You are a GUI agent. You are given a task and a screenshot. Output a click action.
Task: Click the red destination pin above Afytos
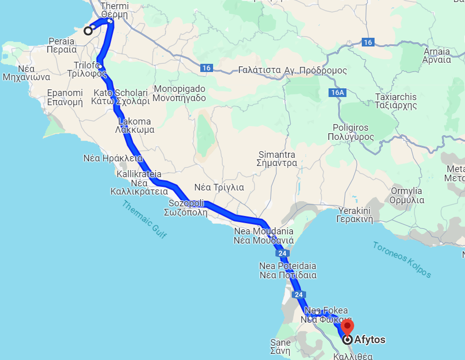coord(347,327)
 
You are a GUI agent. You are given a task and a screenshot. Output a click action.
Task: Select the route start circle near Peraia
coord(88,31)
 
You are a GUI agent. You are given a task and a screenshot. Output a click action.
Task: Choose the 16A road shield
coord(338,93)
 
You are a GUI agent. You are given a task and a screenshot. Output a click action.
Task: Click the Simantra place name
coord(277,159)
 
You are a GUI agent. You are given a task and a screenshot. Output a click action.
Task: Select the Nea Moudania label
coord(264,235)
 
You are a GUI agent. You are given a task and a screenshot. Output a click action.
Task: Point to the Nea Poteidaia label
coord(288,270)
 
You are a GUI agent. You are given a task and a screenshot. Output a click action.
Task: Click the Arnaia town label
coord(436,55)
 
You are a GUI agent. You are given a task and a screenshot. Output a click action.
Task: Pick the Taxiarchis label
coord(396,101)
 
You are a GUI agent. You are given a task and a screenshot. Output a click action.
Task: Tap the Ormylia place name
coord(407,196)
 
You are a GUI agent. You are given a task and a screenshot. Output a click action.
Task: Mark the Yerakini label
coord(354,215)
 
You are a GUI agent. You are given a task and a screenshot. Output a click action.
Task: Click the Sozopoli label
coord(187,208)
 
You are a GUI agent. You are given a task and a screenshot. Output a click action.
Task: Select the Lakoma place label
coord(134,125)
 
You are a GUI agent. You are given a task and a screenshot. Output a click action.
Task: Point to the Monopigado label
coord(180,93)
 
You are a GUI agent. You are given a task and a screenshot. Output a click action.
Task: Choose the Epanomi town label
coord(65,97)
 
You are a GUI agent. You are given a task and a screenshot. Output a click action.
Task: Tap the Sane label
coord(280,347)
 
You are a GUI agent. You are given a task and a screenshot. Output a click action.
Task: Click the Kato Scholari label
coord(121,97)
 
